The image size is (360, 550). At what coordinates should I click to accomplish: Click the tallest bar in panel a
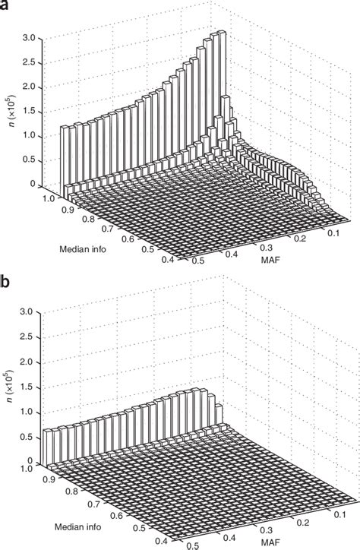coord(220,35)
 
